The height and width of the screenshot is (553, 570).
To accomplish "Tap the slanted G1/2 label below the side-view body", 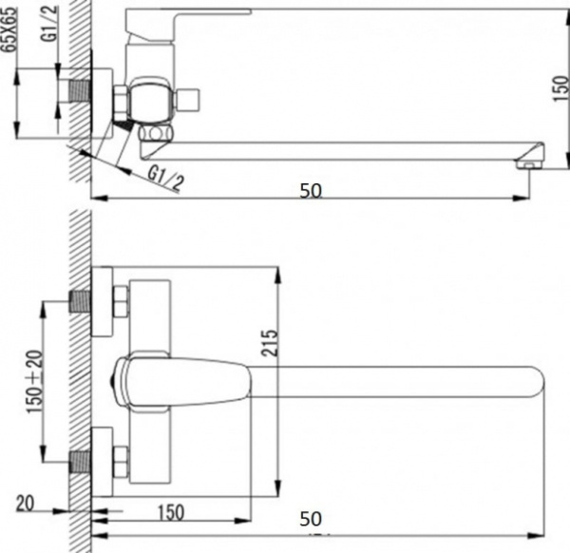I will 166,178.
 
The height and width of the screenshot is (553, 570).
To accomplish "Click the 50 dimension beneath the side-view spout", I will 310,190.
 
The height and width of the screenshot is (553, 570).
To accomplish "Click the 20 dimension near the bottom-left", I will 28,503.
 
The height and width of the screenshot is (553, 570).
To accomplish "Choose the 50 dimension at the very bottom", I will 310,519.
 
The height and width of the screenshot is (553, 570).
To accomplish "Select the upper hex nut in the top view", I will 121,304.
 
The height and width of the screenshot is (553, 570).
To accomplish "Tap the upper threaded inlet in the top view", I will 85,304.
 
